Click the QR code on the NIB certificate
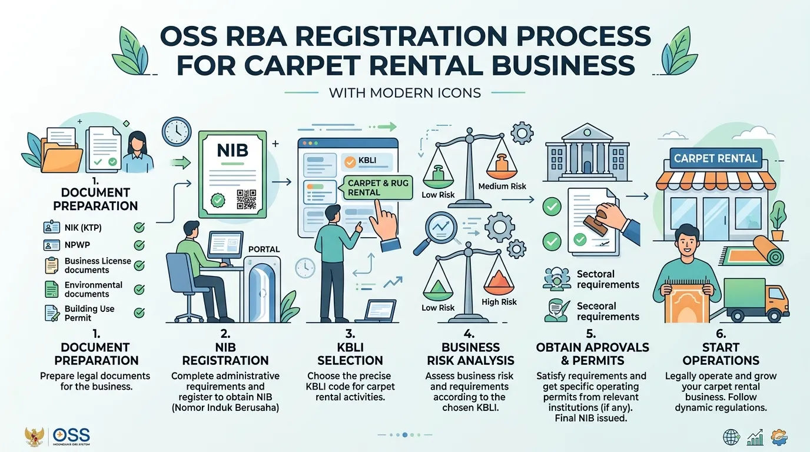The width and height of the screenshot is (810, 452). click(x=246, y=200)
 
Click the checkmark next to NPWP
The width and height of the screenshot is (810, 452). click(x=139, y=245)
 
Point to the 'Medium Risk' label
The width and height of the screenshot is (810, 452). click(x=502, y=186)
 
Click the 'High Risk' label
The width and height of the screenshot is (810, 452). click(x=499, y=302)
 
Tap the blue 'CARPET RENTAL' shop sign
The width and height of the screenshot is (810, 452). click(x=715, y=158)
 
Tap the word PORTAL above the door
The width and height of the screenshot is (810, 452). click(x=264, y=249)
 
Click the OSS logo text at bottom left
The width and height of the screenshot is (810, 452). click(x=71, y=435)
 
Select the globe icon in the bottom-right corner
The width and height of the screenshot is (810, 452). click(x=731, y=437)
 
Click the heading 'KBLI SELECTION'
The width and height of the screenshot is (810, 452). click(x=350, y=354)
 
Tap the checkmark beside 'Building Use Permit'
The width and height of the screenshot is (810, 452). click(x=139, y=313)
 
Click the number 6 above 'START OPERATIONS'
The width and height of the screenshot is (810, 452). click(x=721, y=333)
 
